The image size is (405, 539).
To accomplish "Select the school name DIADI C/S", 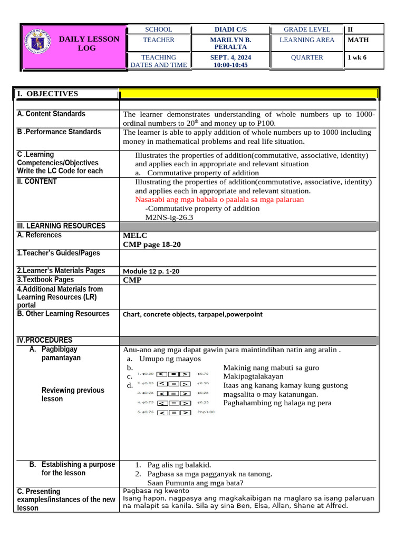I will [230, 29].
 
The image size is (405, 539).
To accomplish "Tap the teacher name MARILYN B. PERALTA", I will [230, 43].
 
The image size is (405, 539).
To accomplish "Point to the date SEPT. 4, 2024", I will [230, 57].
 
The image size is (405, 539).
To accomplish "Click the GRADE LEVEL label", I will [307, 29].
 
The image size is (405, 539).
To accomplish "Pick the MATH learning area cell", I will [358, 40].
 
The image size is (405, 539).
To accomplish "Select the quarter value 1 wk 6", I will [356, 57].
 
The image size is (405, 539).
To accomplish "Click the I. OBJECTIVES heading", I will [47, 94].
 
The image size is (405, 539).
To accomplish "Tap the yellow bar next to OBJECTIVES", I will [248, 94].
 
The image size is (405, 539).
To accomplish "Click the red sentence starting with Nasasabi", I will [219, 199].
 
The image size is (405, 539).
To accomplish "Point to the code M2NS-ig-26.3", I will [169, 217].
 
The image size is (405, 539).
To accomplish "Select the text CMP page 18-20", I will [152, 244].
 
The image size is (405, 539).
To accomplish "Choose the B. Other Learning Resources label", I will [63, 314].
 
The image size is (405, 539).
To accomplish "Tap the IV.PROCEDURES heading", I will [45, 340].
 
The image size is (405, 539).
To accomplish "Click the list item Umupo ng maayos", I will [170, 358].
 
